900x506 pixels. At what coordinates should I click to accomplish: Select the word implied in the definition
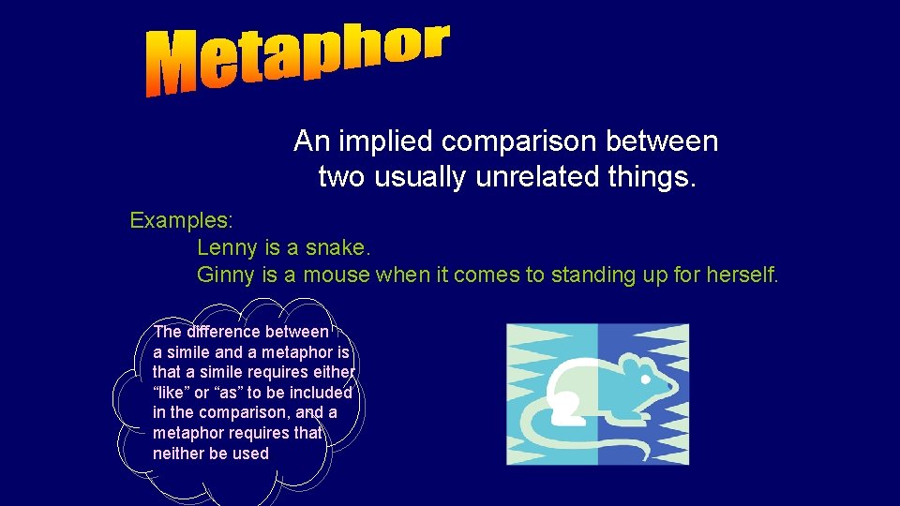[384, 141]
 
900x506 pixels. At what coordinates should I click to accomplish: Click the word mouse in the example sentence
[337, 275]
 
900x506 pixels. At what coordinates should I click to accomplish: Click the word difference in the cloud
[224, 332]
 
